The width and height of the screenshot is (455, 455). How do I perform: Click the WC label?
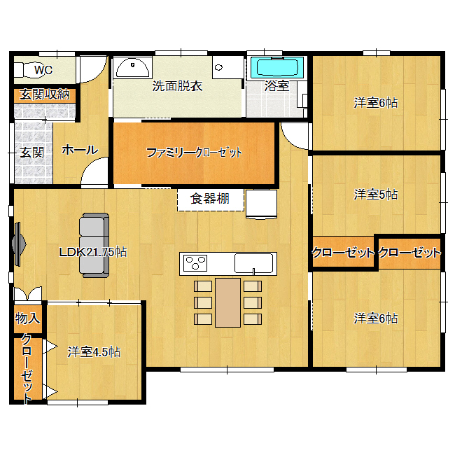coord(43,70)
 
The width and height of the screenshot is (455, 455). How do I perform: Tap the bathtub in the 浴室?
coord(274,68)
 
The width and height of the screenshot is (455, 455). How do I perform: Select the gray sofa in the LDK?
coord(94,245)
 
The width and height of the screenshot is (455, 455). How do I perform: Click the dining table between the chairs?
coord(227,302)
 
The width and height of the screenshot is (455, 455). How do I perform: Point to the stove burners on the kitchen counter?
coord(195,263)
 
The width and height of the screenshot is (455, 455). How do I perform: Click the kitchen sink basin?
coord(254,263)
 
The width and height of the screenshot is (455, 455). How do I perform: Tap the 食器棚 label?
coord(210,199)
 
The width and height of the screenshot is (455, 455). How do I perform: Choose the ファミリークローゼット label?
coord(194,153)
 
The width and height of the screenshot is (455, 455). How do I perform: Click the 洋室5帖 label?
coord(376,195)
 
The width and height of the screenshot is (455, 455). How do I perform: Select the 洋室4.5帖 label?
coord(94,352)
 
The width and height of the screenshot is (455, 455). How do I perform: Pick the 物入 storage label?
coord(27,318)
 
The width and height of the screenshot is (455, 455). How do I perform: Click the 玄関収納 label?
coord(45,94)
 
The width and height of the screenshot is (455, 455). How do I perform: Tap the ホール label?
coord(80,150)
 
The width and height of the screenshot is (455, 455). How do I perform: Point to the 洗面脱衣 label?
coord(177,86)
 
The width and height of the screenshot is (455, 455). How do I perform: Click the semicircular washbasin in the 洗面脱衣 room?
coord(132,68)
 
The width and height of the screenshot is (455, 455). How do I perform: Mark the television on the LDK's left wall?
coord(18,244)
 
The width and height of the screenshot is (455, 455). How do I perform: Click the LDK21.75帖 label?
coord(93,252)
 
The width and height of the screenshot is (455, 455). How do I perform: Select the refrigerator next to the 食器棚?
coord(261,204)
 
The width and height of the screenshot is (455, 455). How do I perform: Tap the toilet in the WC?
coord(27,70)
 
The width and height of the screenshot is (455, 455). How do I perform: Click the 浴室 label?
coord(276,86)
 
